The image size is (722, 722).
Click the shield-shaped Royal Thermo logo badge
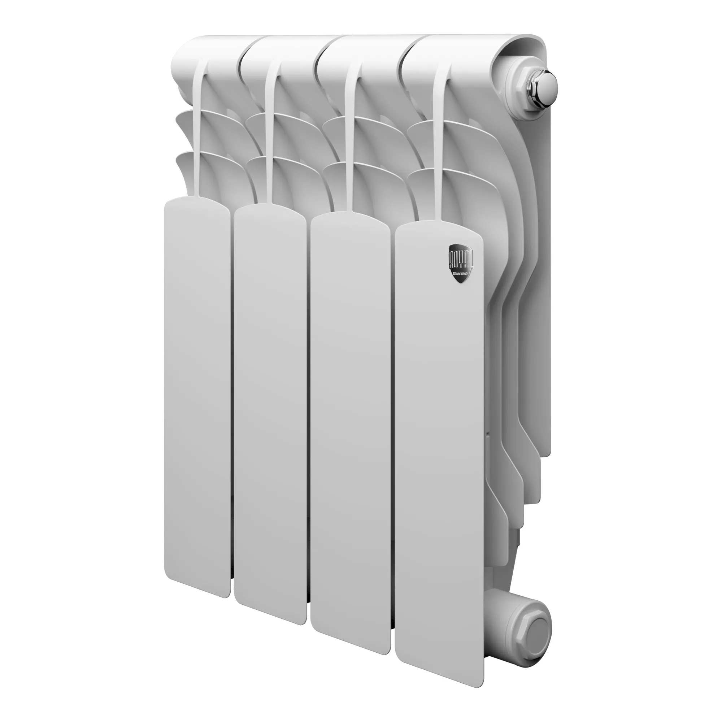tap(461, 263)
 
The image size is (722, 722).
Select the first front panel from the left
tap(197, 392)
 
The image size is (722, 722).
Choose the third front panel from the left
tap(350, 430)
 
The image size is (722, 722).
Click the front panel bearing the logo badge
tap(439, 448)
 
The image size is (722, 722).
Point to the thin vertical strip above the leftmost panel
tap(199, 131)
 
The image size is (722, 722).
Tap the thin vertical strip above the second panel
tap(270, 135)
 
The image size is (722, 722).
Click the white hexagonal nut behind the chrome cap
tap(521, 90)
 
